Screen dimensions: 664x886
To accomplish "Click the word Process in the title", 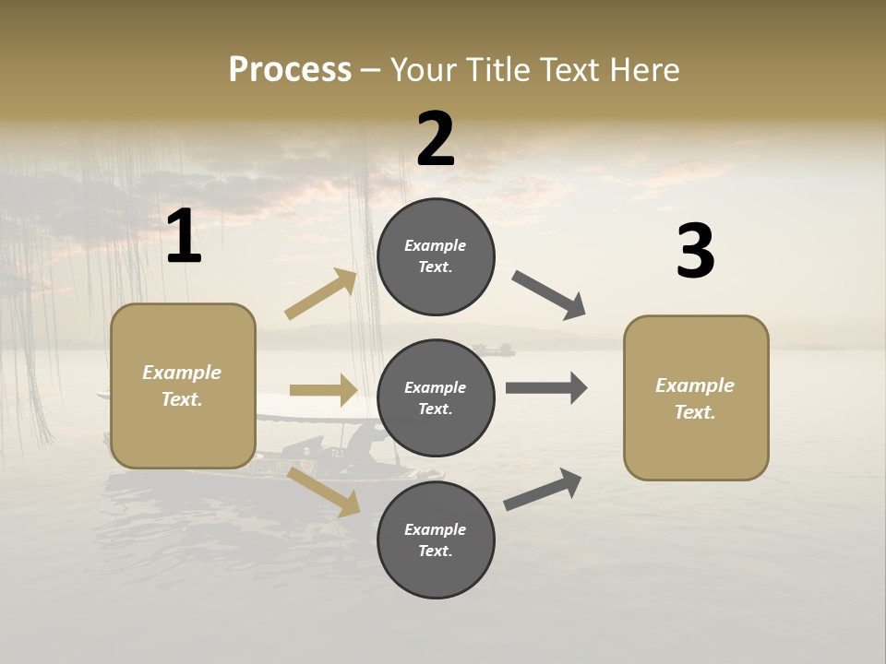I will (290, 69).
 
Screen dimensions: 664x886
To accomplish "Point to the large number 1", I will (184, 238).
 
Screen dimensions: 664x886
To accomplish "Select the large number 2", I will (436, 139).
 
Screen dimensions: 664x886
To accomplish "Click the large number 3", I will (695, 251).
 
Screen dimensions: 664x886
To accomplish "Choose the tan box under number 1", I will (183, 385).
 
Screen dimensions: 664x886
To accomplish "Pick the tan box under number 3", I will (696, 397).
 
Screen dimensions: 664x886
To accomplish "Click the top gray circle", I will (436, 256).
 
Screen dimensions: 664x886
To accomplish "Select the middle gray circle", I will (436, 397).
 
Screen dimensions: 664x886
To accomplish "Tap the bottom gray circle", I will (436, 539).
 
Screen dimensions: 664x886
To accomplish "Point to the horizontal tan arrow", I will (323, 390).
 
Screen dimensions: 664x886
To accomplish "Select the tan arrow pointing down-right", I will (324, 492).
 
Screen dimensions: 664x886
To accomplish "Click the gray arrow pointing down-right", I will (548, 294).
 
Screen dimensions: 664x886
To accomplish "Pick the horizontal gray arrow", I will (546, 387).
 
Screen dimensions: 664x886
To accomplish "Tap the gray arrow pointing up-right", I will (543, 490).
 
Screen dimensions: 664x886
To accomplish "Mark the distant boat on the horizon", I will (494, 350).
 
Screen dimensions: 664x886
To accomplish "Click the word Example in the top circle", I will (436, 245).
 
